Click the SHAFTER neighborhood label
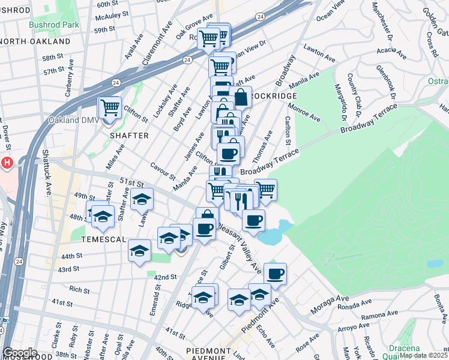click(x=128, y=136)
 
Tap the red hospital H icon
click(x=7, y=163)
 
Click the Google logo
click(x=20, y=353)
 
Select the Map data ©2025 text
click(x=423, y=355)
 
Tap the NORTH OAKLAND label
click(x=35, y=42)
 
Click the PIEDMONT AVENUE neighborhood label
click(x=213, y=351)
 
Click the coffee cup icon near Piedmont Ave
click(x=275, y=274)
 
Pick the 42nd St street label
click(x=165, y=278)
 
